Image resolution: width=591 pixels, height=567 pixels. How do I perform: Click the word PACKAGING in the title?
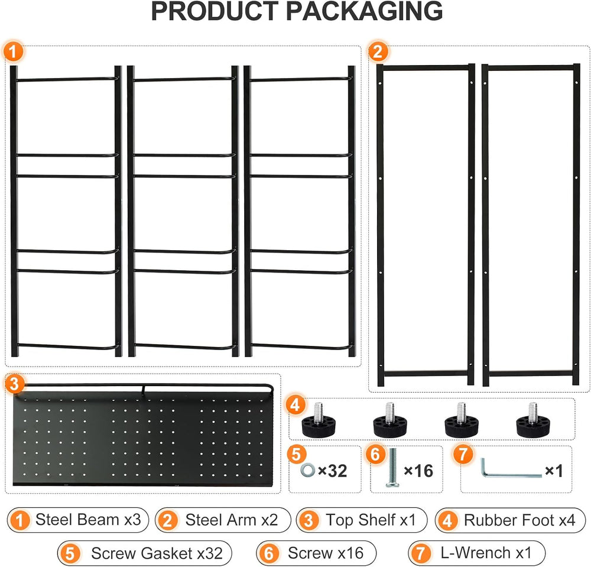[x=364, y=11]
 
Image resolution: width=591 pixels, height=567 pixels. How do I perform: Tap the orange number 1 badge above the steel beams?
[x=13, y=51]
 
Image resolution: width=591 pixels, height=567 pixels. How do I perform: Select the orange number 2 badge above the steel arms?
[x=378, y=51]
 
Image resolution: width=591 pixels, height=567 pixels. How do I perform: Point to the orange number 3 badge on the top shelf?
[x=14, y=384]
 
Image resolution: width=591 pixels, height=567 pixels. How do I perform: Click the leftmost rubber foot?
[x=318, y=421]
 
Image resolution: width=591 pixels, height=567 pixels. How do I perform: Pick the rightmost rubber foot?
[x=532, y=421]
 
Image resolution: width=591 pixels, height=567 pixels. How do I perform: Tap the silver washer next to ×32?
[x=307, y=470]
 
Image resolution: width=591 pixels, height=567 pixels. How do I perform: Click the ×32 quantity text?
[x=332, y=471]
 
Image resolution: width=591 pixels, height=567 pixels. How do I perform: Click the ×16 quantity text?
[x=418, y=471]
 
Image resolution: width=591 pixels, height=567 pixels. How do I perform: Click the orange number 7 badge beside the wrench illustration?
[x=463, y=454]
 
